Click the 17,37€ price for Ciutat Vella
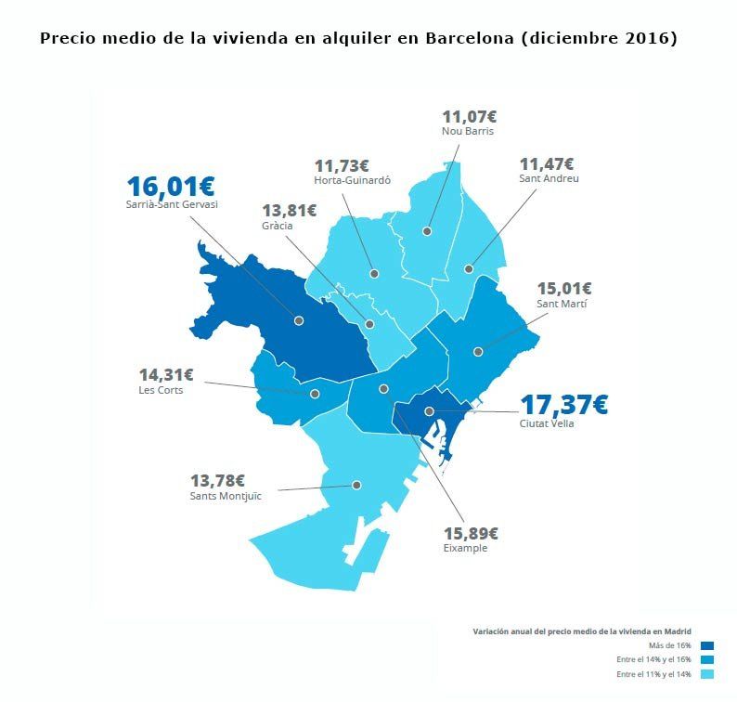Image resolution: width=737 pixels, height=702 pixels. (x=563, y=405)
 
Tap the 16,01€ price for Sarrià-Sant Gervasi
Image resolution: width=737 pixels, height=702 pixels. (x=171, y=187)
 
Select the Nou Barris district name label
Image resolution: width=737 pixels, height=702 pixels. (x=467, y=132)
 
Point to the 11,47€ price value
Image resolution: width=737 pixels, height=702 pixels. (x=547, y=163)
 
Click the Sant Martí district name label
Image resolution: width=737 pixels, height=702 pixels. (x=562, y=304)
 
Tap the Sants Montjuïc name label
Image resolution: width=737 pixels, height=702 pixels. (x=226, y=496)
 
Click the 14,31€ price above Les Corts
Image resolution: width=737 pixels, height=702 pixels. (x=166, y=375)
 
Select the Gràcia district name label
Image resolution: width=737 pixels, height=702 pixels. (x=278, y=226)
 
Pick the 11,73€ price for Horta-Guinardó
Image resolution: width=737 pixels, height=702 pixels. (x=342, y=165)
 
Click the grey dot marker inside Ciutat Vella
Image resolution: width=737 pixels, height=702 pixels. (x=429, y=411)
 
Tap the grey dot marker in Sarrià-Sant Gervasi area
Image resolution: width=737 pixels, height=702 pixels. (x=299, y=320)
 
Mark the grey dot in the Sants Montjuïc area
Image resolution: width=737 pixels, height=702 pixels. (x=356, y=485)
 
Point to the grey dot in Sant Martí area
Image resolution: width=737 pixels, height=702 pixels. (x=478, y=351)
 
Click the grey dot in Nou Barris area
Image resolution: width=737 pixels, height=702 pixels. (x=428, y=230)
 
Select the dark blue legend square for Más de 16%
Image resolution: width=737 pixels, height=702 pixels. (x=707, y=645)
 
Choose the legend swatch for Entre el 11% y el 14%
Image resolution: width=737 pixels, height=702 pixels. (x=707, y=674)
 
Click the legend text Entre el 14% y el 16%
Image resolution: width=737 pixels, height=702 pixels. (x=653, y=659)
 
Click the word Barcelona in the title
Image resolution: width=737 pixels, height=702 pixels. (x=470, y=39)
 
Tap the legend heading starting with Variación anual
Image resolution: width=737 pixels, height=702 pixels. (x=582, y=630)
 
